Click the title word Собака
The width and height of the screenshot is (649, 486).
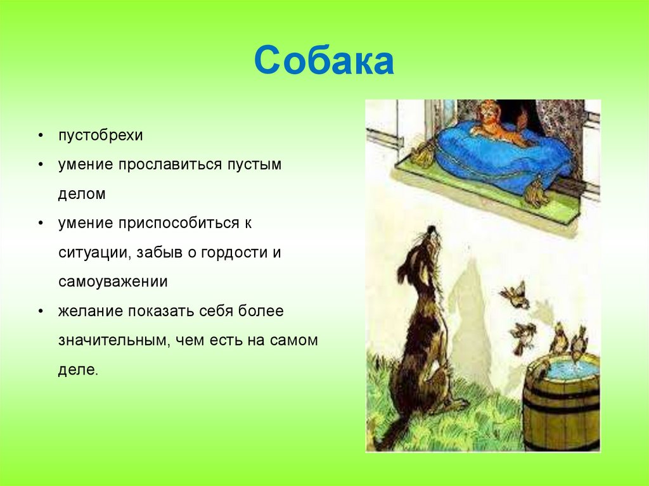(324, 61)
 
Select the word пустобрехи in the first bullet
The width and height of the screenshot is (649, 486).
(101, 136)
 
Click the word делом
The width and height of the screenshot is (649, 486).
(82, 194)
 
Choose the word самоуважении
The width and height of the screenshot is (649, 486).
(113, 281)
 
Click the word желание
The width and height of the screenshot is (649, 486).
(91, 310)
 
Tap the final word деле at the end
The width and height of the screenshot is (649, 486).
(78, 369)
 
